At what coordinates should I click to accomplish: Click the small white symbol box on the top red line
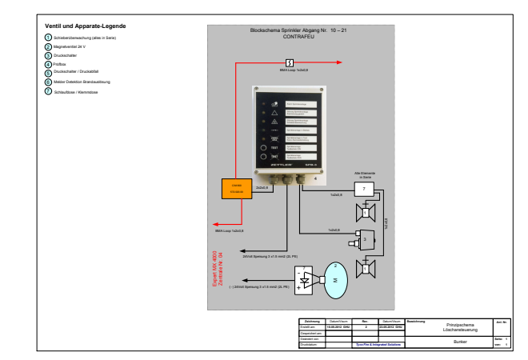click(x=289, y=62)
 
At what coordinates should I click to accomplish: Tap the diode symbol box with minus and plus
click(x=304, y=281)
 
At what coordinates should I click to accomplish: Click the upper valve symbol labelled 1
click(x=366, y=212)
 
